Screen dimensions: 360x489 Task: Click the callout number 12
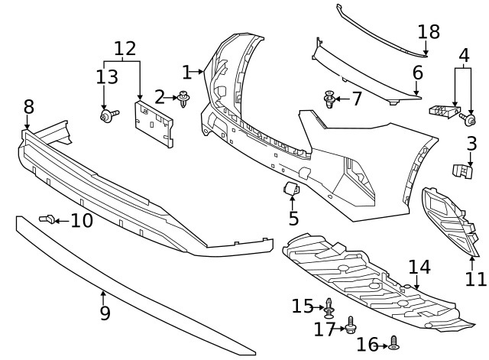pyautogui.click(x=125, y=49)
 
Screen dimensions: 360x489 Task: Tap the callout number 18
pyautogui.click(x=429, y=32)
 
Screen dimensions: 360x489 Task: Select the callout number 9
pyautogui.click(x=105, y=313)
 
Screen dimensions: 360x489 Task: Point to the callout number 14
pyautogui.click(x=419, y=267)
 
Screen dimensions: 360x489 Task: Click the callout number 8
pyautogui.click(x=28, y=106)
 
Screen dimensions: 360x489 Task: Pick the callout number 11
pyautogui.click(x=475, y=279)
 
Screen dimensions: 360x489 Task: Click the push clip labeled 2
pyautogui.click(x=184, y=98)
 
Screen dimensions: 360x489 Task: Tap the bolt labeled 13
pyautogui.click(x=106, y=115)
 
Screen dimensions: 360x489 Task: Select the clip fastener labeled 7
pyautogui.click(x=329, y=99)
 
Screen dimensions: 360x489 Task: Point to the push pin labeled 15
pyautogui.click(x=329, y=307)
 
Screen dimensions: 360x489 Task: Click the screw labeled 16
pyautogui.click(x=394, y=343)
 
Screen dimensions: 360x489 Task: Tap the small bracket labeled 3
pyautogui.click(x=463, y=172)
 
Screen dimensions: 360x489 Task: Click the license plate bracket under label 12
pyautogui.click(x=153, y=123)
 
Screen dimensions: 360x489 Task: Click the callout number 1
pyautogui.click(x=186, y=73)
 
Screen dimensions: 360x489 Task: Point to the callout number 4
pyautogui.click(x=464, y=57)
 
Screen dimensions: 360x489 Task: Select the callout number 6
pyautogui.click(x=418, y=73)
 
